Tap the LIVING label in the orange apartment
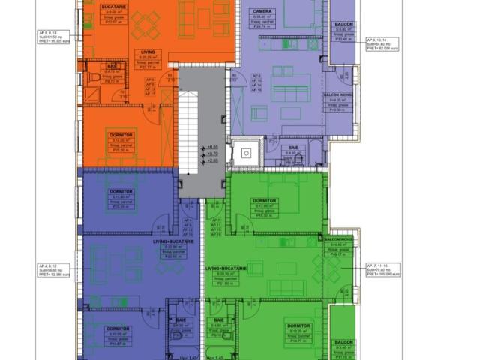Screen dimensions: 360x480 point(147,52)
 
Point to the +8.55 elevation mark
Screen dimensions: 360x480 point(212,147)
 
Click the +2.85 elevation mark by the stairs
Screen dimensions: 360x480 point(212,160)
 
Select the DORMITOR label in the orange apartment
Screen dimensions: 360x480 point(120,135)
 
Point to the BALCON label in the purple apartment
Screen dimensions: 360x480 point(344,24)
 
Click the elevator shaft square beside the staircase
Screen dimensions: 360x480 point(245,153)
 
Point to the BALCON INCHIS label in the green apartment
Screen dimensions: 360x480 point(340,239)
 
